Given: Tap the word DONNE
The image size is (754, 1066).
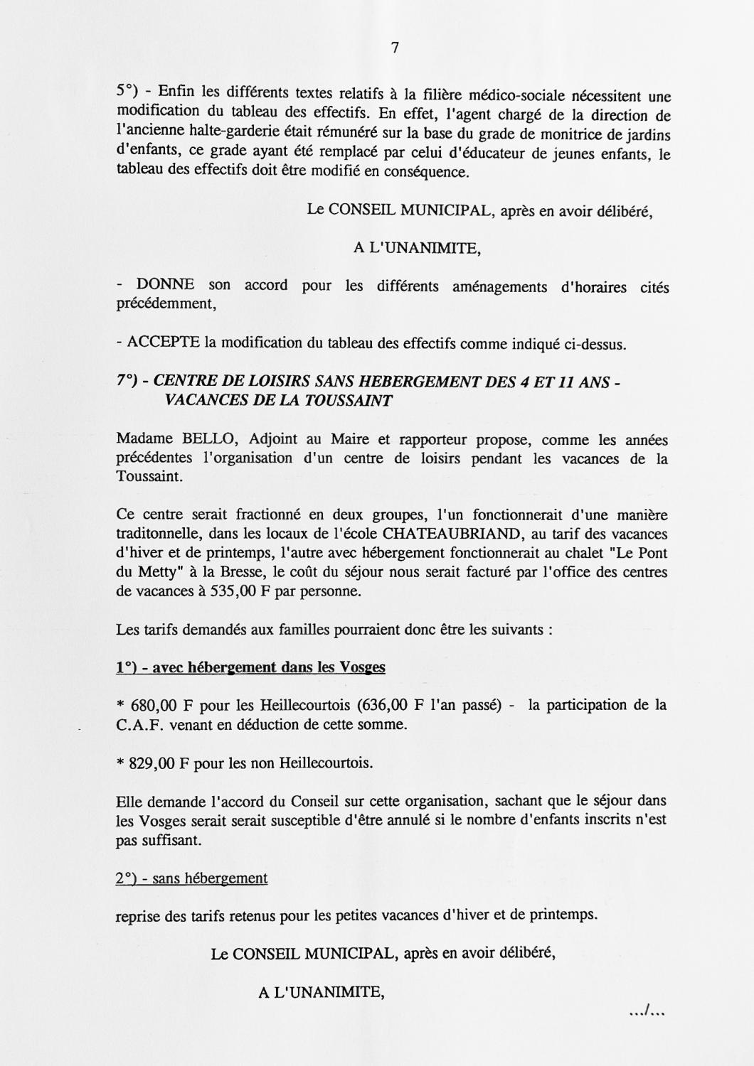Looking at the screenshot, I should (165, 285).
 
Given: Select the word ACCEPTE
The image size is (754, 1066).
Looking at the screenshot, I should (163, 343).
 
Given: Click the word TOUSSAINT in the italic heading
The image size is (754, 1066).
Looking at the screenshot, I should (348, 400).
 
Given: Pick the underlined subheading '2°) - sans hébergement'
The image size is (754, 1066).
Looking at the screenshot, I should (191, 878).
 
